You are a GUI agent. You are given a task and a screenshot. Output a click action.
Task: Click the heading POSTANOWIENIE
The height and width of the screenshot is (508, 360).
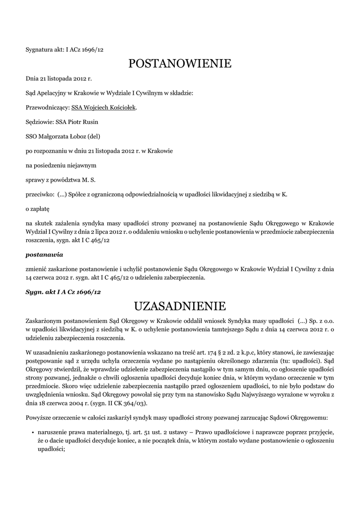[180, 63]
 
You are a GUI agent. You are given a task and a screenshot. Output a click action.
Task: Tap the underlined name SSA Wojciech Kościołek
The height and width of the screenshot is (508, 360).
[103, 107]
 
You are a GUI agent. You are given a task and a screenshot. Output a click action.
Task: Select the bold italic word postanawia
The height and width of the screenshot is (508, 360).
[44, 254]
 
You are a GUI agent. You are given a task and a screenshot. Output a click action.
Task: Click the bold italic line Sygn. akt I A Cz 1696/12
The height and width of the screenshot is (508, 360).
[63, 292]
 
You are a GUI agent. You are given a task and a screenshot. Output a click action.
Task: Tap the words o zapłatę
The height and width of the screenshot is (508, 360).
[38, 209]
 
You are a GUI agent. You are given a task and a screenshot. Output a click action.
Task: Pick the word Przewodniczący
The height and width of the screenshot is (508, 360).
[47, 107]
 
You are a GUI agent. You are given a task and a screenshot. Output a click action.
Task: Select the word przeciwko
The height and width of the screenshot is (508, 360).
[40, 194]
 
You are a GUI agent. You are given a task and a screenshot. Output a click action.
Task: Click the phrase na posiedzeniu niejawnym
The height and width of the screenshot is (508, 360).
[61, 165]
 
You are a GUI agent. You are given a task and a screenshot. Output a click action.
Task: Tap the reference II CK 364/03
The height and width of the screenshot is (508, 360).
[127, 404]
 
